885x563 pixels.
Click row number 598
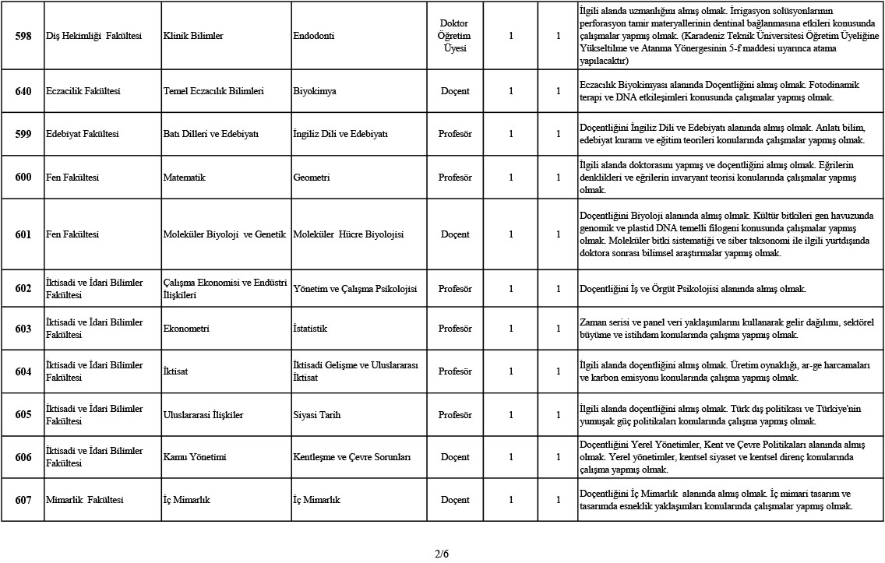pyautogui.click(x=23, y=36)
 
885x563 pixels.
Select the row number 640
pyautogui.click(x=23, y=91)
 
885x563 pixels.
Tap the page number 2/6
pyautogui.click(x=442, y=554)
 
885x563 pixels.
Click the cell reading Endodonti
pyautogui.click(x=316, y=36)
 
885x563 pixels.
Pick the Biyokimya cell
pyautogui.click(x=315, y=91)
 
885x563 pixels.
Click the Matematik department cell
pyautogui.click(x=185, y=178)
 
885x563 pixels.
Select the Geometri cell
pyautogui.click(x=312, y=178)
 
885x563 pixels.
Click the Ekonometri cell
pyautogui.click(x=186, y=329)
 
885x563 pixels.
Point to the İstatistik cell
pyautogui.click(x=310, y=329)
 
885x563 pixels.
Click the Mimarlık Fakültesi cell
pyautogui.click(x=85, y=500)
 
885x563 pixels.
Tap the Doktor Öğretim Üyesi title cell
pyautogui.click(x=455, y=36)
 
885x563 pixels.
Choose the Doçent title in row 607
pyautogui.click(x=455, y=500)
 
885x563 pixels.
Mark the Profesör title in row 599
pyautogui.click(x=455, y=134)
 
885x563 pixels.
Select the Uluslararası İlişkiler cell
pyautogui.click(x=203, y=415)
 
